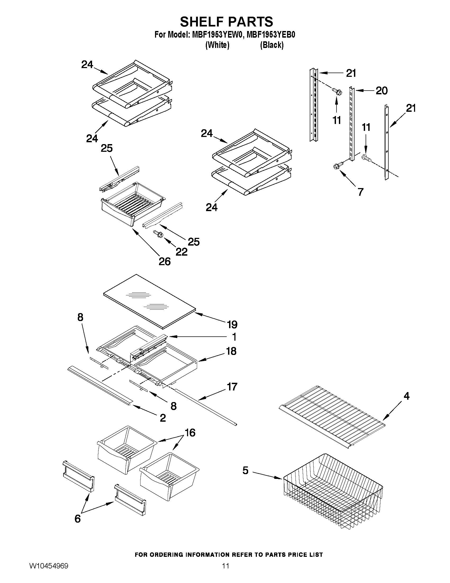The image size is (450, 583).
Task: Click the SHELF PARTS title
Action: tap(226, 22)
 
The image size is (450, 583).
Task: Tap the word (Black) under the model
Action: tap(272, 45)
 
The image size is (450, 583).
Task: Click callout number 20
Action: tap(381, 91)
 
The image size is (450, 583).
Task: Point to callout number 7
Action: tap(360, 192)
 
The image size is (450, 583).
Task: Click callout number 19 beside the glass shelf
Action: tap(232, 324)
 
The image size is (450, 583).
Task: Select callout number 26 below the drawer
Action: tap(165, 262)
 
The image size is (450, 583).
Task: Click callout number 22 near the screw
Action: tap(181, 251)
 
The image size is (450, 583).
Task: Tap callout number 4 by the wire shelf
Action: tap(406, 396)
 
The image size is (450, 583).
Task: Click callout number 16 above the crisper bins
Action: tap(190, 433)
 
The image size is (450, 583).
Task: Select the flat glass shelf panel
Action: tap(149, 300)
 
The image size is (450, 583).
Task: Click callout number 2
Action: tap(163, 418)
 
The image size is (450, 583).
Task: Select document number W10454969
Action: tap(48, 572)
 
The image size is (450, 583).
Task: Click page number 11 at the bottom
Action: tap(226, 572)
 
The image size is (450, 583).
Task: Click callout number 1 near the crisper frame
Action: tap(234, 337)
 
